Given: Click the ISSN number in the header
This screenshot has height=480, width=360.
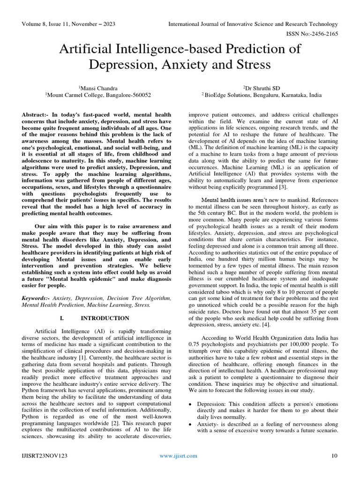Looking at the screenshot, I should pyautogui.click(x=312, y=35).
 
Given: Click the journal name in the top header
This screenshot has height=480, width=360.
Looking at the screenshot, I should pyautogui.click(x=253, y=24).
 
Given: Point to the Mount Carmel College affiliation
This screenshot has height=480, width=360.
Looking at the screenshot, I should pyautogui.click(x=98, y=95).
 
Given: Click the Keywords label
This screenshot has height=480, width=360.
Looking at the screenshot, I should pyautogui.click(x=36, y=298).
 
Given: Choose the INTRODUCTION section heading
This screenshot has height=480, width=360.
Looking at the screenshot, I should pyautogui.click(x=105, y=318).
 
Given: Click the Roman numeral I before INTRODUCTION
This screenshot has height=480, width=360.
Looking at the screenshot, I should pyautogui.click(x=62, y=318).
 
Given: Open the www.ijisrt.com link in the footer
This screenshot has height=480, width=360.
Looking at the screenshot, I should pyautogui.click(x=179, y=456).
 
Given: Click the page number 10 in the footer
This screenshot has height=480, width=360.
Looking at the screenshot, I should pyautogui.click(x=334, y=456).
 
